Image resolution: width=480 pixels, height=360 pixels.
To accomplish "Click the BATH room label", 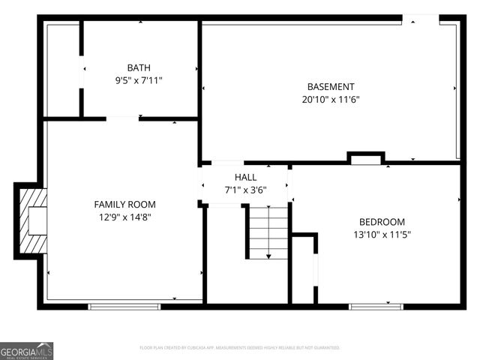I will (x=138, y=67).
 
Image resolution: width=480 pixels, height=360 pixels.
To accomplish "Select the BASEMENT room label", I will (x=331, y=86).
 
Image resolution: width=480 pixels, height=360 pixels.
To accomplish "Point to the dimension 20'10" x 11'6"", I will (x=331, y=99).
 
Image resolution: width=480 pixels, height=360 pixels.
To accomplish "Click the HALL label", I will (x=245, y=177).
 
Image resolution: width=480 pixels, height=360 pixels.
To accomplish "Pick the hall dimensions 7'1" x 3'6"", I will (x=245, y=190).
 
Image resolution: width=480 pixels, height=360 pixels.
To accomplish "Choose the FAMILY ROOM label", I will (x=124, y=204).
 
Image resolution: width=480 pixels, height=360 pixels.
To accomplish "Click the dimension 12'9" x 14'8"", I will (x=124, y=217).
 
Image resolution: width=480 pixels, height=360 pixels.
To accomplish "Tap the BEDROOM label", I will (x=382, y=221).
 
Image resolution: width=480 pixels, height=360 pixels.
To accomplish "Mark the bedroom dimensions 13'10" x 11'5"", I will (x=382, y=234).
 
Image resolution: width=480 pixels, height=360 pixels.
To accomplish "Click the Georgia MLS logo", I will (x=27, y=350).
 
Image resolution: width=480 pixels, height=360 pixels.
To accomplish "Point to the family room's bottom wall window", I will (x=124, y=306).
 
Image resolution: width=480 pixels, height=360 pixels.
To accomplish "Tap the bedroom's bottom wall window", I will (x=376, y=306).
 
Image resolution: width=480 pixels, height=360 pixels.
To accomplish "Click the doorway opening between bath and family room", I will (x=122, y=118).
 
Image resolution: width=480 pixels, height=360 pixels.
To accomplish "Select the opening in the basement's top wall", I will (x=421, y=18).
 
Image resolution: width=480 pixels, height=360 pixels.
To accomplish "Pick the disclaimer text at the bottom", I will (x=240, y=348).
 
